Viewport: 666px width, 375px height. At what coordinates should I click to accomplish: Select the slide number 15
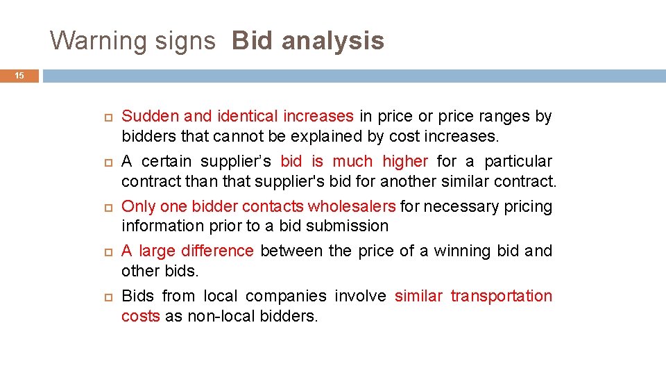pos(19,76)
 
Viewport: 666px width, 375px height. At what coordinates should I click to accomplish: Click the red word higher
pos(404,162)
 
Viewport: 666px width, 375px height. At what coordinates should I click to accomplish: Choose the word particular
pos(518,162)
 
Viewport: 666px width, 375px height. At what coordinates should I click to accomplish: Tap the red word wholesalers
pos(352,207)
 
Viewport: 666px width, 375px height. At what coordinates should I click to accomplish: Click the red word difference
pos(217,251)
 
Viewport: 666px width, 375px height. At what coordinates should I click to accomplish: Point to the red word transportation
pos(502,297)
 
